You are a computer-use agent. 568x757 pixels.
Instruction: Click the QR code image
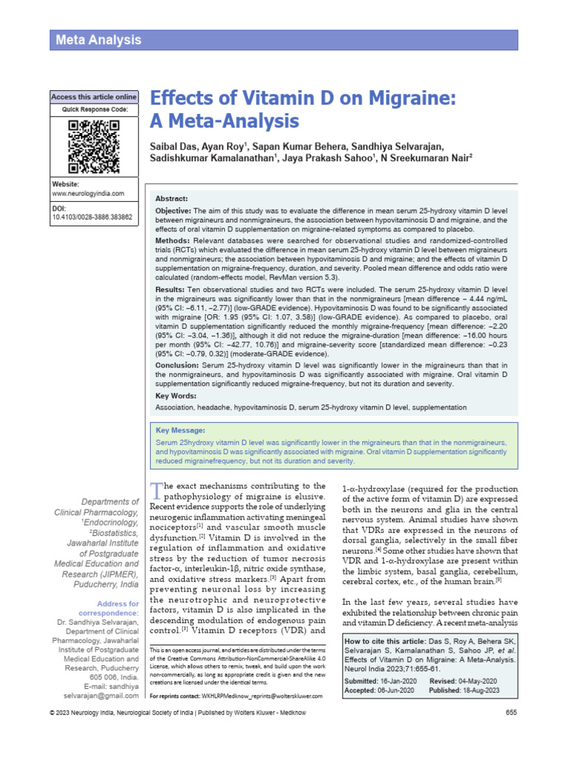(93, 143)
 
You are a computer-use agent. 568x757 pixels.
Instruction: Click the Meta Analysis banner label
(98, 40)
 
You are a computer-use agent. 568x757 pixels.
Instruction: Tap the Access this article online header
(93, 97)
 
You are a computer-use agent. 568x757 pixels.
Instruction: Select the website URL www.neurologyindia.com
(87, 194)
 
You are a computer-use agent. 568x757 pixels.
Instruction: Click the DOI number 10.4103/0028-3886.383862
(92, 218)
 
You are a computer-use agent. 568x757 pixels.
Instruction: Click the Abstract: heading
(172, 199)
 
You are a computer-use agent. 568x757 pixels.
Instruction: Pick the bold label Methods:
(175, 242)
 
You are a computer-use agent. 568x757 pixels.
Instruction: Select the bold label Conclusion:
(180, 365)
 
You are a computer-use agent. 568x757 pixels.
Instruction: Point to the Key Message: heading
(180, 430)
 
